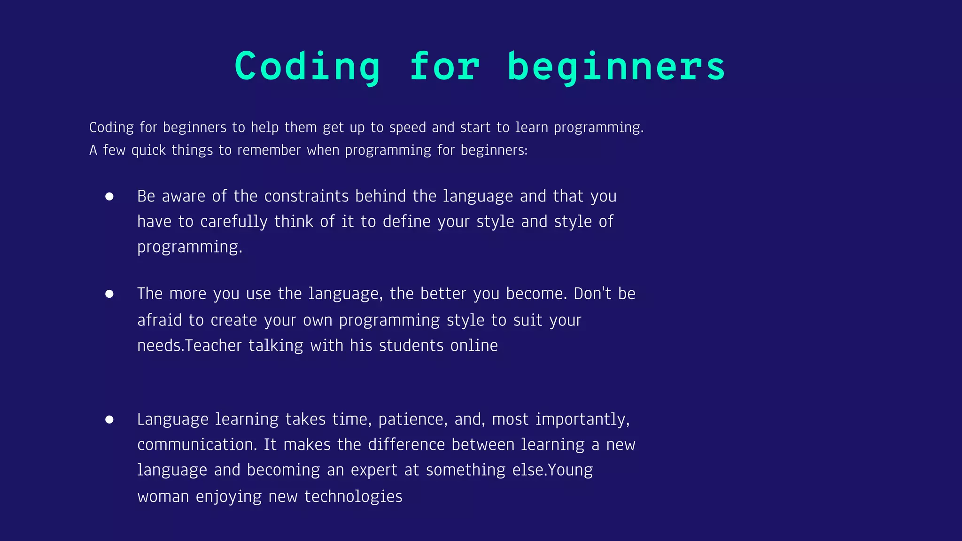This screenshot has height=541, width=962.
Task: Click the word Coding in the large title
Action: pos(307,66)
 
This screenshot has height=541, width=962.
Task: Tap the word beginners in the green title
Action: pos(616,67)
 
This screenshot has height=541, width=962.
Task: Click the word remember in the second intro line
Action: pos(269,150)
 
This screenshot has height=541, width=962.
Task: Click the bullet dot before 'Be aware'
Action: pos(109,196)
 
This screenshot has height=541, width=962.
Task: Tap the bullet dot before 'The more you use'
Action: pos(109,294)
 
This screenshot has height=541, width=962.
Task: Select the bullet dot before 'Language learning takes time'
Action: pos(109,419)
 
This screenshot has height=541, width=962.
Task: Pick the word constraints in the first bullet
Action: pos(306,196)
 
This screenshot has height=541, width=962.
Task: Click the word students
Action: pos(411,346)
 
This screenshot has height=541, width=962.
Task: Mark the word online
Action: pos(474,346)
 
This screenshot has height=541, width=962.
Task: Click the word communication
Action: pos(197,445)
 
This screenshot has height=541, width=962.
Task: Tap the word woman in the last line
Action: pos(163,496)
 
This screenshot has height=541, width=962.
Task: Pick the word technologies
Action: pos(353,496)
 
